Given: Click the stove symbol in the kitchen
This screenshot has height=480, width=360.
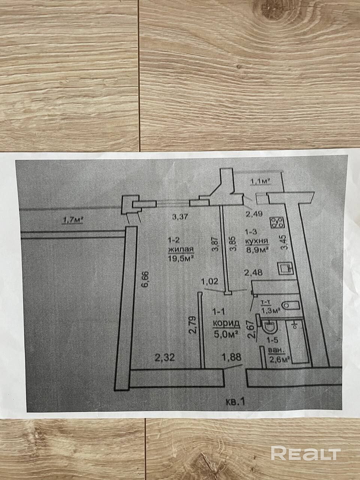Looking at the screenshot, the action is tap(279, 222).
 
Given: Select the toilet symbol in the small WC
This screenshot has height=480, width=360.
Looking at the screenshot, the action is tap(290, 306).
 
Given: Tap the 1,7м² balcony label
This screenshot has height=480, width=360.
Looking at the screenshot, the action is tap(71, 220).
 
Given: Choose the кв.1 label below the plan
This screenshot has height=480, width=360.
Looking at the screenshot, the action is tap(236, 402).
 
